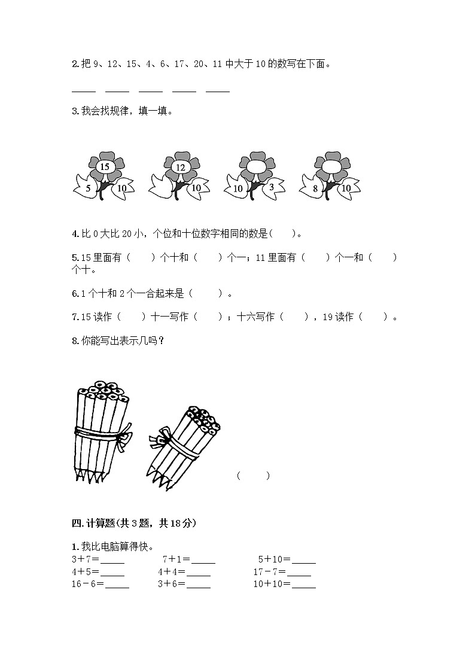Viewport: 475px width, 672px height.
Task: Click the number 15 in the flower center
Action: [x=105, y=167]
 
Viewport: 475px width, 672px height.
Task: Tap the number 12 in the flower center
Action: [x=181, y=167]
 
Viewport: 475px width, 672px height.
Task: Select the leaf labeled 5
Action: [x=88, y=188]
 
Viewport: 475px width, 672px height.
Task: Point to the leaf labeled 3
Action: [x=272, y=187]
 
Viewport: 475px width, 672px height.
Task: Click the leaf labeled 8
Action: [x=316, y=188]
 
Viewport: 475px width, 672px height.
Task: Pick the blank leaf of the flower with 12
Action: [x=163, y=187]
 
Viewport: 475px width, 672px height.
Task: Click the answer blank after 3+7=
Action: [x=112, y=560]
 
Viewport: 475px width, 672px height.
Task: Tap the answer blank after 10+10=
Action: [x=303, y=584]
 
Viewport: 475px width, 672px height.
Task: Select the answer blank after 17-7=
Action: [x=299, y=572]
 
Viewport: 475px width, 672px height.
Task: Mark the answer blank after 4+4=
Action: [x=198, y=572]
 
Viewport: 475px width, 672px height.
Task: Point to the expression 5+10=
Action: [x=270, y=560]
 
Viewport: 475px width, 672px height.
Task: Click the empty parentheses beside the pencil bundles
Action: [x=253, y=476]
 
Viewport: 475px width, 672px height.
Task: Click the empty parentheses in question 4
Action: [x=283, y=234]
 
